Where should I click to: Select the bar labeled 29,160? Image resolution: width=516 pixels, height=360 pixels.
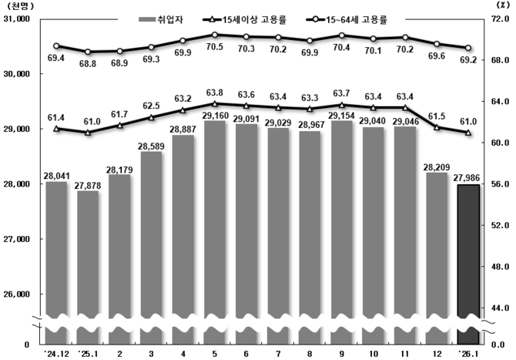click(215, 231)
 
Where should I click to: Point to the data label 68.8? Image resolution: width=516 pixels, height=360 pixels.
click(89, 63)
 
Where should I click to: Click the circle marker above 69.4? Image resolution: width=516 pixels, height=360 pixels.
click(56, 45)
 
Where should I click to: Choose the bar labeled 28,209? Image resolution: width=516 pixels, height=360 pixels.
click(437, 254)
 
